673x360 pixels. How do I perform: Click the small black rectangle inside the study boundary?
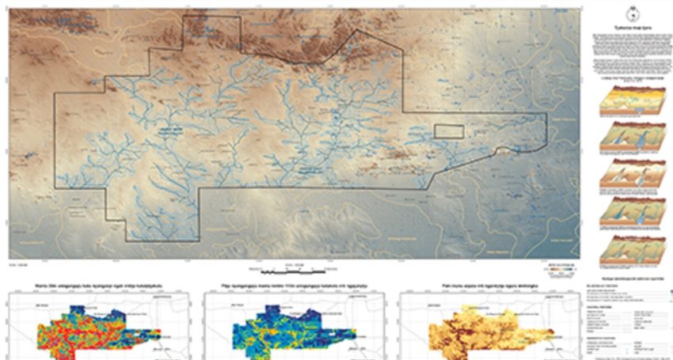[447, 132]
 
